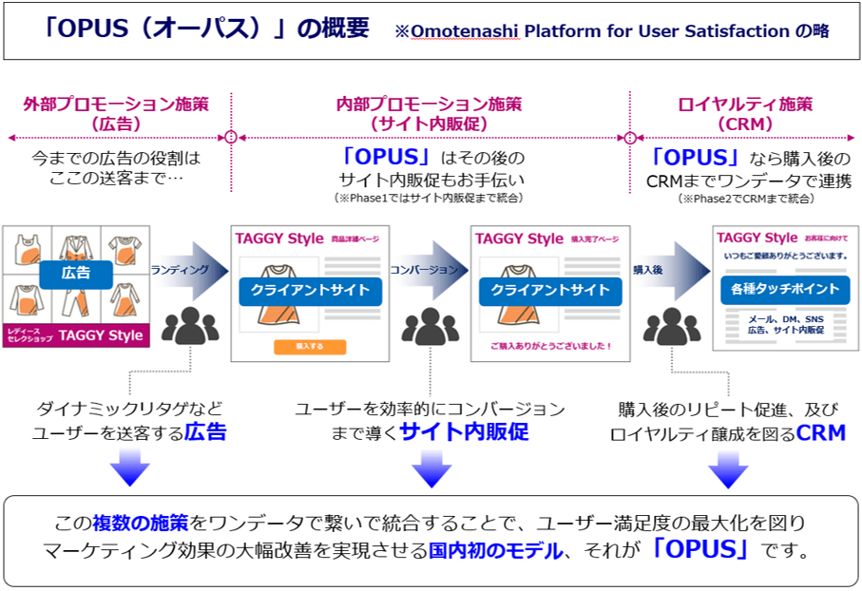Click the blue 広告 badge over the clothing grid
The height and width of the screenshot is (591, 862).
(x=77, y=273)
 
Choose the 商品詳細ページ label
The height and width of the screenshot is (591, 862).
(x=356, y=238)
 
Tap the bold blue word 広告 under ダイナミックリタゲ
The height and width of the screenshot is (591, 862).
(x=205, y=432)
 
